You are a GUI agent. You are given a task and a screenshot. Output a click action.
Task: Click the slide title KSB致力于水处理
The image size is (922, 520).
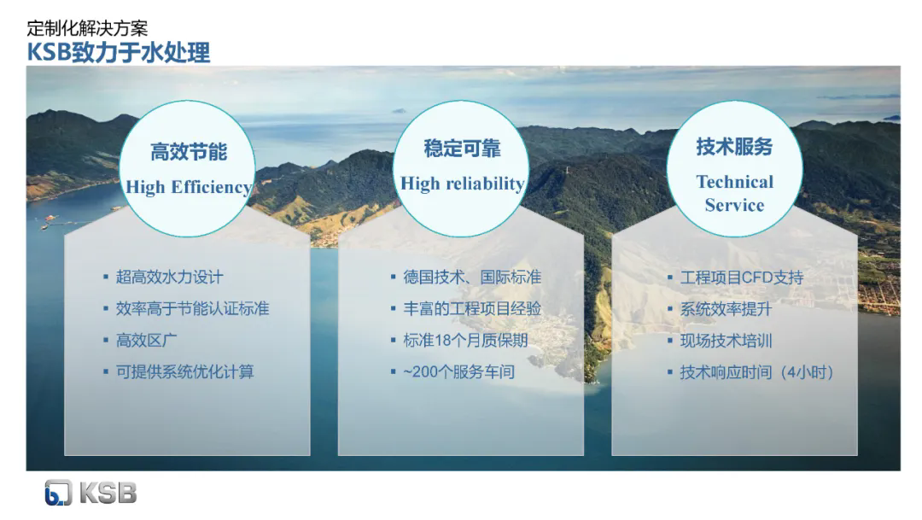click(x=118, y=53)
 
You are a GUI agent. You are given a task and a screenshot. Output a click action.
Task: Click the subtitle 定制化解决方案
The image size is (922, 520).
click(x=87, y=28)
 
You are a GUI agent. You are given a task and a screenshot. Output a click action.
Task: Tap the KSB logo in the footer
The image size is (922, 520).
click(x=90, y=493)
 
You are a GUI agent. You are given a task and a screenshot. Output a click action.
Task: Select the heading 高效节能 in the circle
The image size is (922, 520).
click(x=188, y=152)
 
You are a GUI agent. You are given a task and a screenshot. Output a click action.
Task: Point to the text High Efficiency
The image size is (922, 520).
click(x=188, y=187)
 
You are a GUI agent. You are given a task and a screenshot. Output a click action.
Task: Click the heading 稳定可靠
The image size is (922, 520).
click(x=462, y=149)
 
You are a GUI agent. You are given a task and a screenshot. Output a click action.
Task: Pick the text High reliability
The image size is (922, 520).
click(x=462, y=184)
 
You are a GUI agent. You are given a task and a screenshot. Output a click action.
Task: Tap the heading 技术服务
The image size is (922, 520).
click(x=734, y=147)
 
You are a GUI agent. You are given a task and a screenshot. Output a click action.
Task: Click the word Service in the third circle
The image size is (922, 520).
click(x=734, y=205)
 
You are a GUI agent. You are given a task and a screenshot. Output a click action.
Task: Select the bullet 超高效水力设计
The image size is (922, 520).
click(x=169, y=277)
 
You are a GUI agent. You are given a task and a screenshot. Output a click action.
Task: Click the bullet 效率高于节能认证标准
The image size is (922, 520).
click(x=192, y=309)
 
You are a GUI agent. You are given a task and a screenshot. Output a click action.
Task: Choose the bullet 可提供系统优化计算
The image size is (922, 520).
click(x=184, y=371)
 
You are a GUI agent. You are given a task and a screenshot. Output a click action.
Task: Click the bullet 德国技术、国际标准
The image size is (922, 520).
click(x=472, y=277)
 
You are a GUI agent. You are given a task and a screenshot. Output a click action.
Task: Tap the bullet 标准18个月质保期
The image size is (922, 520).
click(x=466, y=341)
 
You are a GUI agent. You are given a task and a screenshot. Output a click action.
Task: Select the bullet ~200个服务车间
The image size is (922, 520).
click(x=458, y=371)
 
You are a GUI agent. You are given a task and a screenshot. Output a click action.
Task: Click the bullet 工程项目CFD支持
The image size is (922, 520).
click(x=742, y=277)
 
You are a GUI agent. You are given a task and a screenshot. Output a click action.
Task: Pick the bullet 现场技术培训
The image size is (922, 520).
click(x=726, y=341)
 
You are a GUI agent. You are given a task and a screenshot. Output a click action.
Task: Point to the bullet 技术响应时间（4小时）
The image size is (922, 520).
click(x=756, y=372)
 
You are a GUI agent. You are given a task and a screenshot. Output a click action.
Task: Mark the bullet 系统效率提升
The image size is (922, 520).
click(x=726, y=309)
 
